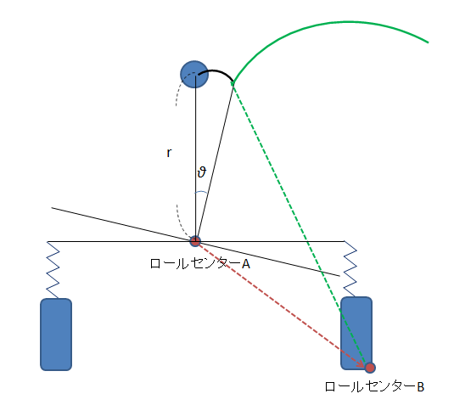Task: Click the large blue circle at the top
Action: (194, 74)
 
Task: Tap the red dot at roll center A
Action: (195, 241)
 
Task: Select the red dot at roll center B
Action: (370, 368)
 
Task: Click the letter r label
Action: (169, 153)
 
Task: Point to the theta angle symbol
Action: (201, 172)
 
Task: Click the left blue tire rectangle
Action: (56, 335)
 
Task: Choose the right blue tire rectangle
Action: (356, 333)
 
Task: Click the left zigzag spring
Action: (53, 270)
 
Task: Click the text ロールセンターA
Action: (199, 264)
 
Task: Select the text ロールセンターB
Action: (374, 387)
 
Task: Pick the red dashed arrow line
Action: (281, 303)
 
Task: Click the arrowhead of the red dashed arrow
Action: (362, 363)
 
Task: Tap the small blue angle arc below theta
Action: (201, 192)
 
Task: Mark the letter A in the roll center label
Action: (246, 264)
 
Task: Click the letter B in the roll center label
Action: (421, 387)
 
